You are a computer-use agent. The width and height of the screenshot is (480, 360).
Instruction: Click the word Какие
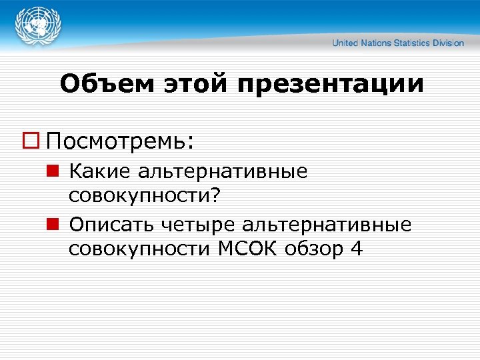[x=101, y=171]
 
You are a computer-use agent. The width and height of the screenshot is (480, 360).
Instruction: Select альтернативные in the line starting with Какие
[x=223, y=171]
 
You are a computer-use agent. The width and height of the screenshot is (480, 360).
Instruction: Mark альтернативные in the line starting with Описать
[x=327, y=224]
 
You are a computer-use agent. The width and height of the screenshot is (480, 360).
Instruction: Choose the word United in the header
[x=345, y=43]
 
